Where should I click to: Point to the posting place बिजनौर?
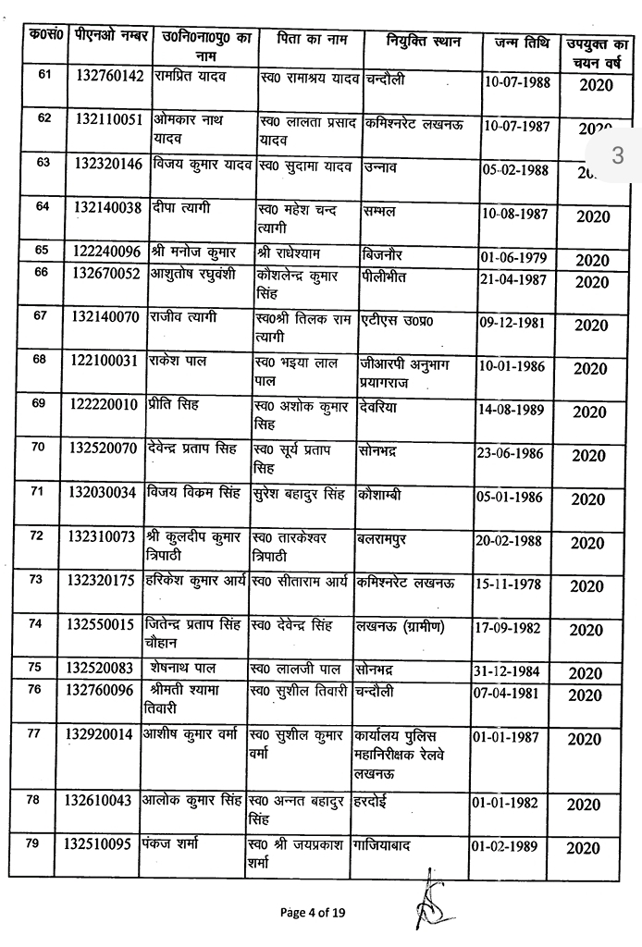coord(380,252)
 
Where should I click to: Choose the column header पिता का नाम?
coord(309,42)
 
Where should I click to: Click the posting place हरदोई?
coord(377,800)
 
